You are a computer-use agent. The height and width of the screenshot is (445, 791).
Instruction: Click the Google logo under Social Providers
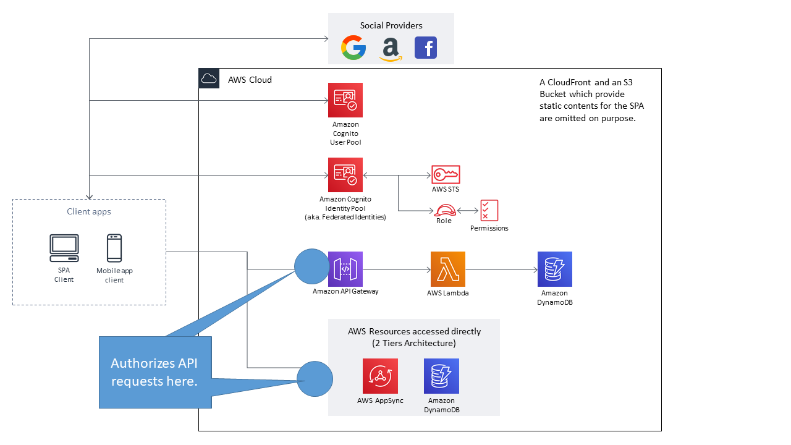click(353, 48)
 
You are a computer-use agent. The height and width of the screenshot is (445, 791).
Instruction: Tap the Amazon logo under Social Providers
click(391, 49)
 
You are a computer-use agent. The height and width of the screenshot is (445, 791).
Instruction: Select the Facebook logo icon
click(426, 48)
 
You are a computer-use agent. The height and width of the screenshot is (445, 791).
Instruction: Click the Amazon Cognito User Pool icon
click(345, 100)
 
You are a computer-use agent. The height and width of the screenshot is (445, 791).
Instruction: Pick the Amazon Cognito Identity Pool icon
click(345, 175)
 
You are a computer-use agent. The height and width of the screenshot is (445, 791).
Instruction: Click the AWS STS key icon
click(445, 175)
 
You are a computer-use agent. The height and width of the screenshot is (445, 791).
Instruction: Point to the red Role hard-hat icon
click(444, 210)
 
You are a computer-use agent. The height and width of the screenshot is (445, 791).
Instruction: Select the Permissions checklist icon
click(489, 211)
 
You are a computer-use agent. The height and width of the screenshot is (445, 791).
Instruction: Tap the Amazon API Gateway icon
click(345, 269)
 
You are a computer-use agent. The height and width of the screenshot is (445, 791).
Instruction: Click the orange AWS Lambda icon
click(448, 269)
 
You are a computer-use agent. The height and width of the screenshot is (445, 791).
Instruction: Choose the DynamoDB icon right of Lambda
click(554, 269)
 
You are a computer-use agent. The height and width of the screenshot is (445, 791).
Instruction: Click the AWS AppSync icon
click(381, 376)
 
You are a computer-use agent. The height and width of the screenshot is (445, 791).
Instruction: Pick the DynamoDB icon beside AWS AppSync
click(441, 376)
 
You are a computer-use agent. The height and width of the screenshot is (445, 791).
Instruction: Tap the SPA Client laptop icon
click(64, 248)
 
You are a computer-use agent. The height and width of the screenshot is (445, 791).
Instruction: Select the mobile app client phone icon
click(114, 248)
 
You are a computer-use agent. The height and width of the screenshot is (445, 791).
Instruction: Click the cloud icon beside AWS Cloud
click(209, 78)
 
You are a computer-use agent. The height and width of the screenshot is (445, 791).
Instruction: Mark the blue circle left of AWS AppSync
click(315, 379)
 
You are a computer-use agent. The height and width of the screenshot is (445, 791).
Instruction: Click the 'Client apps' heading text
click(89, 212)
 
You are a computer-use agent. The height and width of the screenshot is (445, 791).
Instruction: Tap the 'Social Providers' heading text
click(391, 25)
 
